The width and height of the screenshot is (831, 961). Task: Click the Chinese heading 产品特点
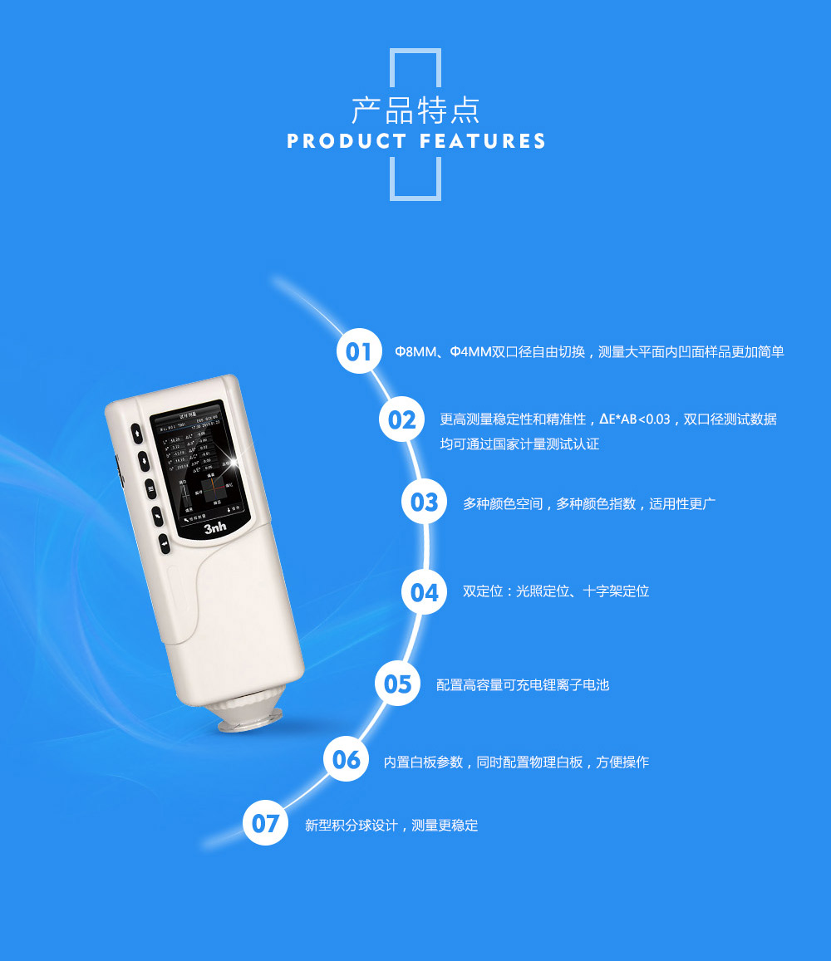[x=415, y=110]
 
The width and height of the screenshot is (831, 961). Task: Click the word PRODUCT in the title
[x=347, y=141]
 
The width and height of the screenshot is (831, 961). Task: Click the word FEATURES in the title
[x=483, y=141]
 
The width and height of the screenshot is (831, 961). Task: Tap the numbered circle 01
[x=359, y=351]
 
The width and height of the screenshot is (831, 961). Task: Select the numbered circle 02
[x=401, y=419]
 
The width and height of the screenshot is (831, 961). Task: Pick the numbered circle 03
[x=424, y=502]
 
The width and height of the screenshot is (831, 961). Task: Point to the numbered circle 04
[x=424, y=591]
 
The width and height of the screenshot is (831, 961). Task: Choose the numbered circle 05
[x=398, y=684]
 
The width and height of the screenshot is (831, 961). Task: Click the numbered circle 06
[x=347, y=759]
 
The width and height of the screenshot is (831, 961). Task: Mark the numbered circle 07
[x=265, y=823]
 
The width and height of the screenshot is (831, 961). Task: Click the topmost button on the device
[x=136, y=432]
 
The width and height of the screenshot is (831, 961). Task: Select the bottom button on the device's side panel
[x=165, y=544]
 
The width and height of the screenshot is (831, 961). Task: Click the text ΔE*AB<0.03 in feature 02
[x=634, y=419]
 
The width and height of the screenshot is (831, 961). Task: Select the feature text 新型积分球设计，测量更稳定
[x=391, y=826]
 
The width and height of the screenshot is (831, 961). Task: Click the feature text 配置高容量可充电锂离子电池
[x=523, y=685]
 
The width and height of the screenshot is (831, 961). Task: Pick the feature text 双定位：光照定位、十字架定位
[x=555, y=592]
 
